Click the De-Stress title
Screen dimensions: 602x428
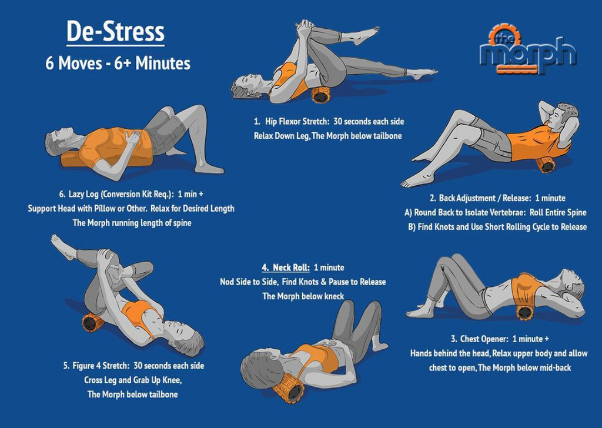coord(116,32)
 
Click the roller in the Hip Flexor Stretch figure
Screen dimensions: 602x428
coord(320,95)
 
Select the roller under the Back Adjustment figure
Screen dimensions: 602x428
coord(546,165)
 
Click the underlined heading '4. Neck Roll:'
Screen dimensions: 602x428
coord(286,267)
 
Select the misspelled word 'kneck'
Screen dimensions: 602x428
coord(334,296)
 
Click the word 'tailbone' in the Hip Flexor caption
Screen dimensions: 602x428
coord(387,136)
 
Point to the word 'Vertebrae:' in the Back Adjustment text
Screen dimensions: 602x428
coord(507,213)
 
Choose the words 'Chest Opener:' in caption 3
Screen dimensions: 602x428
coord(484,339)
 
